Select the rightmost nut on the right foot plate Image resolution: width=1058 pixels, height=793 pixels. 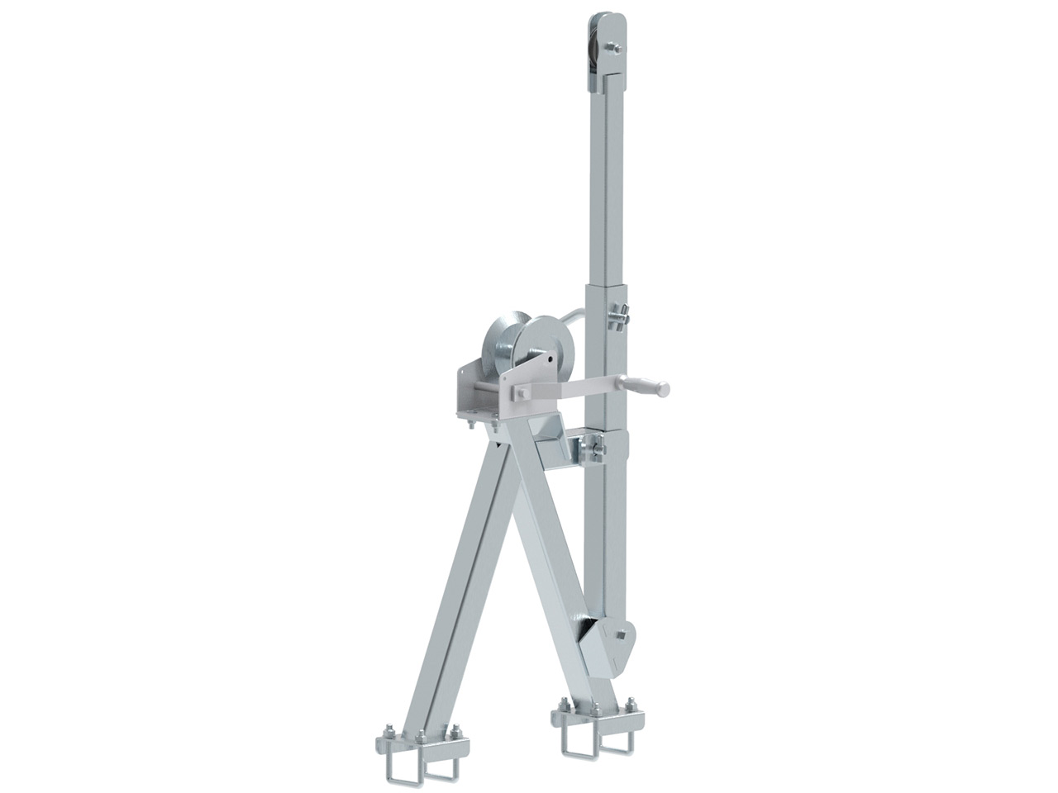[632, 705]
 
